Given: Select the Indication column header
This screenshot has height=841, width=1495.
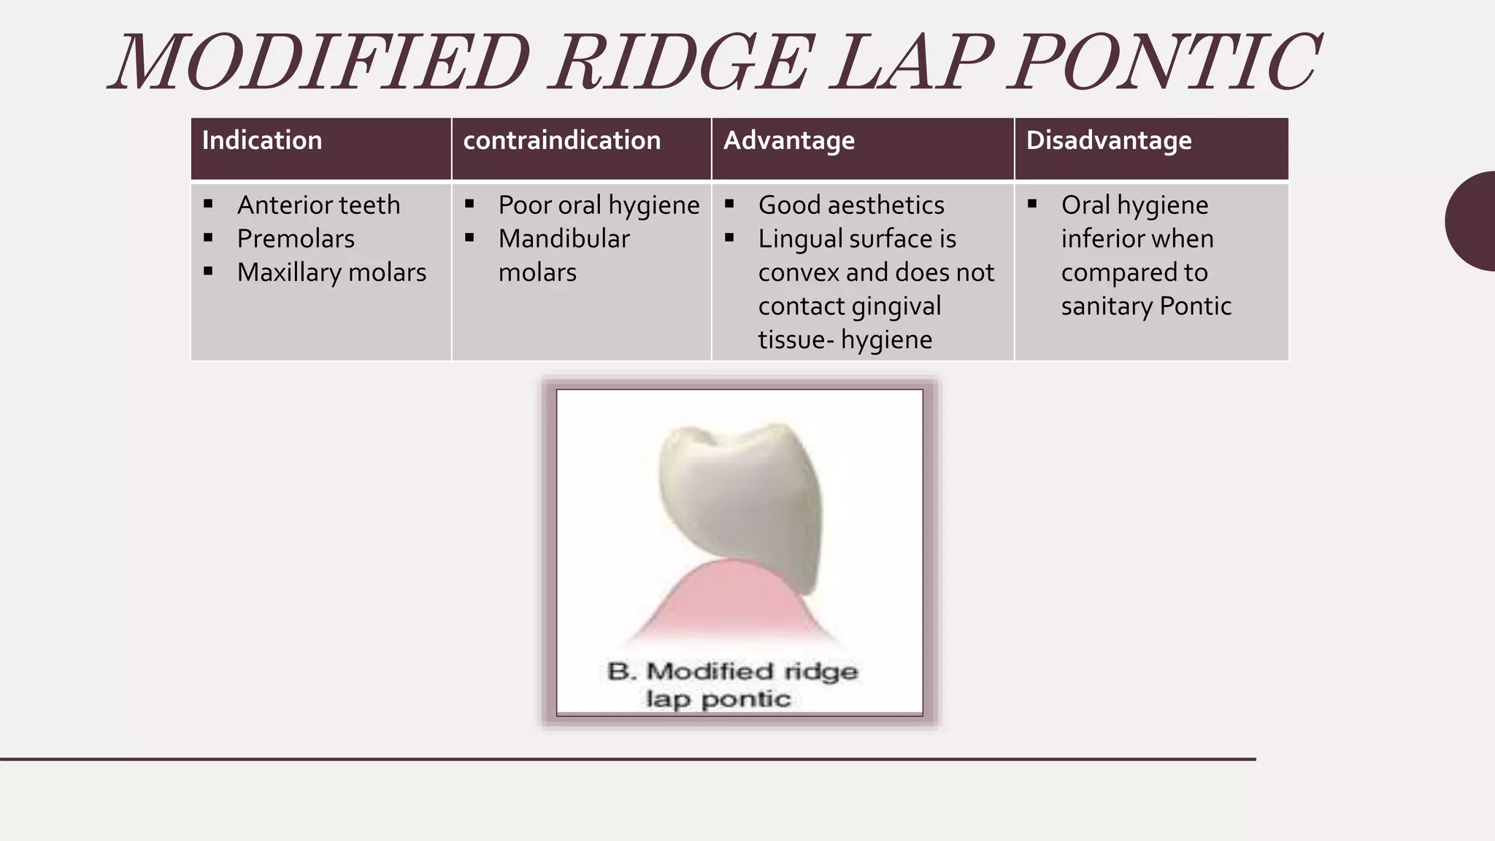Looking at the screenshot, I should click(261, 140).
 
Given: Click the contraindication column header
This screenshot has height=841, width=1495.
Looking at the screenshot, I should click(561, 140).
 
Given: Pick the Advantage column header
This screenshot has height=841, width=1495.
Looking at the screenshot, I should click(788, 140).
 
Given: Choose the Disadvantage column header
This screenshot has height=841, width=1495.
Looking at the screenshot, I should click(1108, 140).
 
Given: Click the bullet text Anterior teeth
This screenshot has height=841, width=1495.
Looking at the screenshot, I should click(318, 205).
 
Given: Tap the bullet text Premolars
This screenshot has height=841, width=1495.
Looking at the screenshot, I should click(296, 239).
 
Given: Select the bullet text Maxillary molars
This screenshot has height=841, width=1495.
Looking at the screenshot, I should click(331, 272).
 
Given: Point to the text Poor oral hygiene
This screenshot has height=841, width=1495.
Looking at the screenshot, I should click(599, 205).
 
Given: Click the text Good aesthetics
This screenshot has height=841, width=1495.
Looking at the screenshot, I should click(851, 205).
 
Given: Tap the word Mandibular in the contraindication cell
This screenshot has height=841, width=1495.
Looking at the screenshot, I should click(564, 239).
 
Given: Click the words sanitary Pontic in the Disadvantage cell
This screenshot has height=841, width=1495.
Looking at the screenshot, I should click(1146, 306).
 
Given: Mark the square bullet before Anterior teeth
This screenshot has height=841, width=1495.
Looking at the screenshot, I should click(209, 204).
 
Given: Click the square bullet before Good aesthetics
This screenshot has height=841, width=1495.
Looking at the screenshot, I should click(729, 204).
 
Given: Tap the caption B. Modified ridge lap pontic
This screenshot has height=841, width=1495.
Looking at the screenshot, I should click(732, 685).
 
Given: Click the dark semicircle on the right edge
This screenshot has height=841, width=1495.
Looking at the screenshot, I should click(1473, 221).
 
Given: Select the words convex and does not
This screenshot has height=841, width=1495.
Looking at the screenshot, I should click(875, 272).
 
